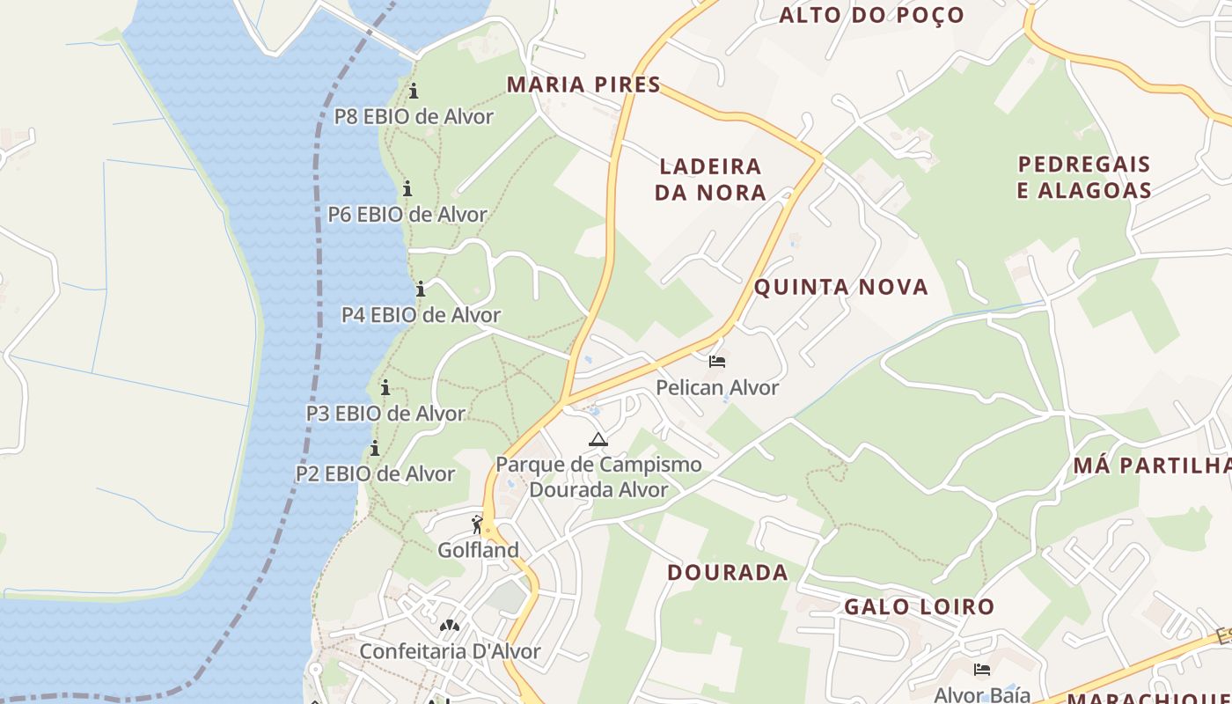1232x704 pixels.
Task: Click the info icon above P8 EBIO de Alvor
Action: coord(414,91)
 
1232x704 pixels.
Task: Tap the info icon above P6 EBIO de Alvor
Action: coord(407,188)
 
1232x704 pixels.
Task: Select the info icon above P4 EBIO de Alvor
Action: coord(421,289)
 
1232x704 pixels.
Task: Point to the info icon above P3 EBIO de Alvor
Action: coord(385,387)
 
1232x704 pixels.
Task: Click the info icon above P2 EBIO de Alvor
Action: coord(375,449)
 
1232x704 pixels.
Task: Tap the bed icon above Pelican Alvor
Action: coord(717,361)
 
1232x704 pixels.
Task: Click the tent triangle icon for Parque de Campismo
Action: coord(598,439)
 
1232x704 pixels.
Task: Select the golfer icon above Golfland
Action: coord(478,525)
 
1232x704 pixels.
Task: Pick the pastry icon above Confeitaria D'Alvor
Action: coord(450,626)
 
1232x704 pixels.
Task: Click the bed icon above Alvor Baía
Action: coord(981,671)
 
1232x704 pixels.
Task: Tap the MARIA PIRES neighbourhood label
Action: coord(583,84)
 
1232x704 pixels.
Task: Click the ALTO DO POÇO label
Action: coord(871,15)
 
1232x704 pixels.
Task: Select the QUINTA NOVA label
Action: coord(841,287)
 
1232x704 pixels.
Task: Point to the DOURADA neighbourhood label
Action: coord(727,572)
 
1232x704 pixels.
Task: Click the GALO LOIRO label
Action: coord(919,606)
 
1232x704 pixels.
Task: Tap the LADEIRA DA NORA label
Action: coord(710,179)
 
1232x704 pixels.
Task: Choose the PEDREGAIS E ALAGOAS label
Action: coord(1084,177)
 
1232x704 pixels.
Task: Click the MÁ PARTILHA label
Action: coord(1152,466)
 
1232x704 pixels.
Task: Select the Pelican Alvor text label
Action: coord(717,387)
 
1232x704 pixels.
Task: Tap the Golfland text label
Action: coord(479,550)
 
